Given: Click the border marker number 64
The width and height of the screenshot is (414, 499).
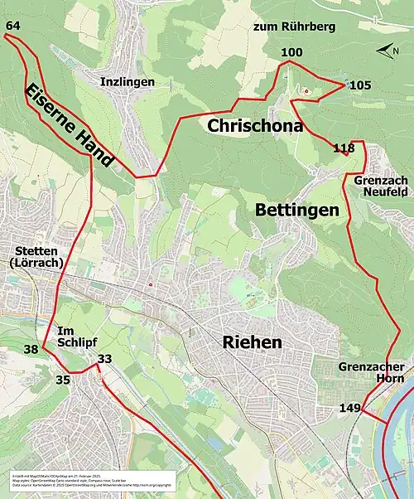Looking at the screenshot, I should (x=12, y=27).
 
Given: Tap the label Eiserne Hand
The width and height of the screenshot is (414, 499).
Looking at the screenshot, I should (x=69, y=126).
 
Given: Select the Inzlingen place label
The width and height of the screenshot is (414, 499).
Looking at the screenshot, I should (x=127, y=82).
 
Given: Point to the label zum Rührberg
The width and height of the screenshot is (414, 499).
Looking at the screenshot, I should (x=295, y=27).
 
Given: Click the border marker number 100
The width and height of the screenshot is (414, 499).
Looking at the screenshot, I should (x=291, y=53).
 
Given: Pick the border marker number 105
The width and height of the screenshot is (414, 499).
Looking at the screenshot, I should (x=360, y=85).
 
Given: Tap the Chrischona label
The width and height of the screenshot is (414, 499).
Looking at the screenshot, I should (x=248, y=127).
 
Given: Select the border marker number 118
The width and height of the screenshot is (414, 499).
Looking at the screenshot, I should (x=343, y=149).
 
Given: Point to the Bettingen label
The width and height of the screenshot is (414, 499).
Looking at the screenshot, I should (x=297, y=211).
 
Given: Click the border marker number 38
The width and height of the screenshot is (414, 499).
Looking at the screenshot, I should (x=31, y=350).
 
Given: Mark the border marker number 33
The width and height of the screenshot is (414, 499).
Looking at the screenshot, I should (x=104, y=359).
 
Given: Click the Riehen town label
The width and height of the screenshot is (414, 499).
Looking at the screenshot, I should (x=252, y=342).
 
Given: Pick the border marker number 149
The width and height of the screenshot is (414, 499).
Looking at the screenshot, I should (x=349, y=408).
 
